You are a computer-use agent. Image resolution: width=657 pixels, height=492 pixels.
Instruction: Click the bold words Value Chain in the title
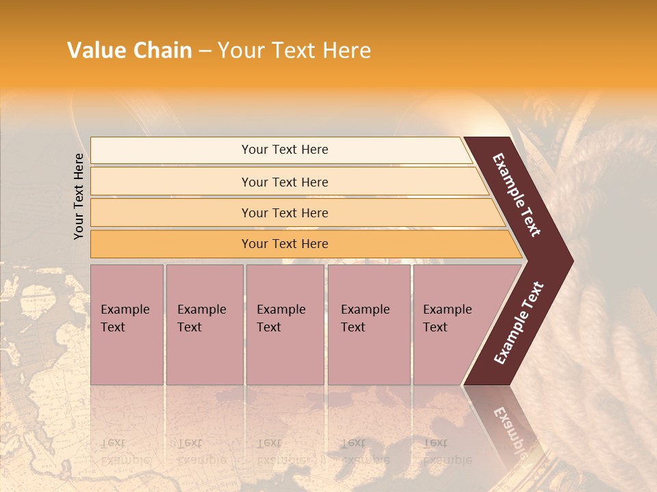(x=129, y=51)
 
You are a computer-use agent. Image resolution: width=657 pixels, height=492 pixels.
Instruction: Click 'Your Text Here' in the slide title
(x=294, y=51)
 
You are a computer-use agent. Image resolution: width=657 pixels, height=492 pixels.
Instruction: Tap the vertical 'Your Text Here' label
(x=79, y=196)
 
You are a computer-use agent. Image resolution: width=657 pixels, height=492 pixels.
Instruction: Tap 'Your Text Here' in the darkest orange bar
(x=285, y=244)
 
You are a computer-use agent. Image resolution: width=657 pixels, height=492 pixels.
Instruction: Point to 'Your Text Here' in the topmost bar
(x=285, y=150)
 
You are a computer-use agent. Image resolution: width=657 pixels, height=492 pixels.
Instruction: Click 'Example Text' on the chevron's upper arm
(x=517, y=194)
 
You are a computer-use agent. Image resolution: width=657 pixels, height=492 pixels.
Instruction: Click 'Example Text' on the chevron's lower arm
(x=519, y=323)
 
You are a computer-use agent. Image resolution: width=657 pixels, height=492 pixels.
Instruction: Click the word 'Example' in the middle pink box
(x=281, y=310)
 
